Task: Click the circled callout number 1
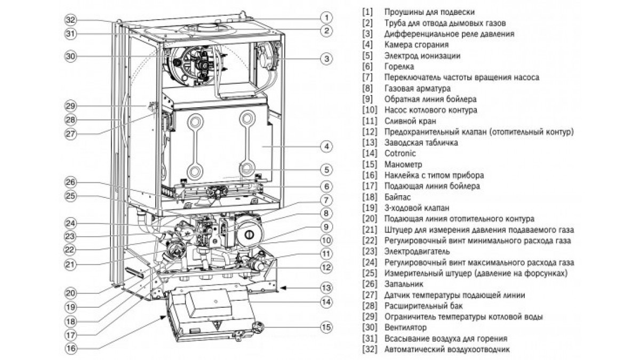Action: coord(326,18)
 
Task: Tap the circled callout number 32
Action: coord(70,20)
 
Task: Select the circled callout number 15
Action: coord(326,327)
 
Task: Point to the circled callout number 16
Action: coord(70,348)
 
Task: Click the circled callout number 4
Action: coord(326,147)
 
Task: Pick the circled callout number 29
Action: coord(70,106)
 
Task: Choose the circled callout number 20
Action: coord(70,293)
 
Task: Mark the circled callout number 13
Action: coord(326,287)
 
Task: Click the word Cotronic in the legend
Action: coord(400,154)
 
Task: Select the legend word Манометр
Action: coord(403,164)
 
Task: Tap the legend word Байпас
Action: coord(397,197)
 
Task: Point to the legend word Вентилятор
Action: coord(405,327)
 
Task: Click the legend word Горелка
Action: coord(399,67)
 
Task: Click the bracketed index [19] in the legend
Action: coord(370,208)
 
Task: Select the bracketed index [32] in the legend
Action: coord(370,349)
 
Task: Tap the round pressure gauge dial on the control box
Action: coord(258,327)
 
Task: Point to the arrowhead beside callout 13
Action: coord(282,288)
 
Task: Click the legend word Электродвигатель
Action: coord(417,251)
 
